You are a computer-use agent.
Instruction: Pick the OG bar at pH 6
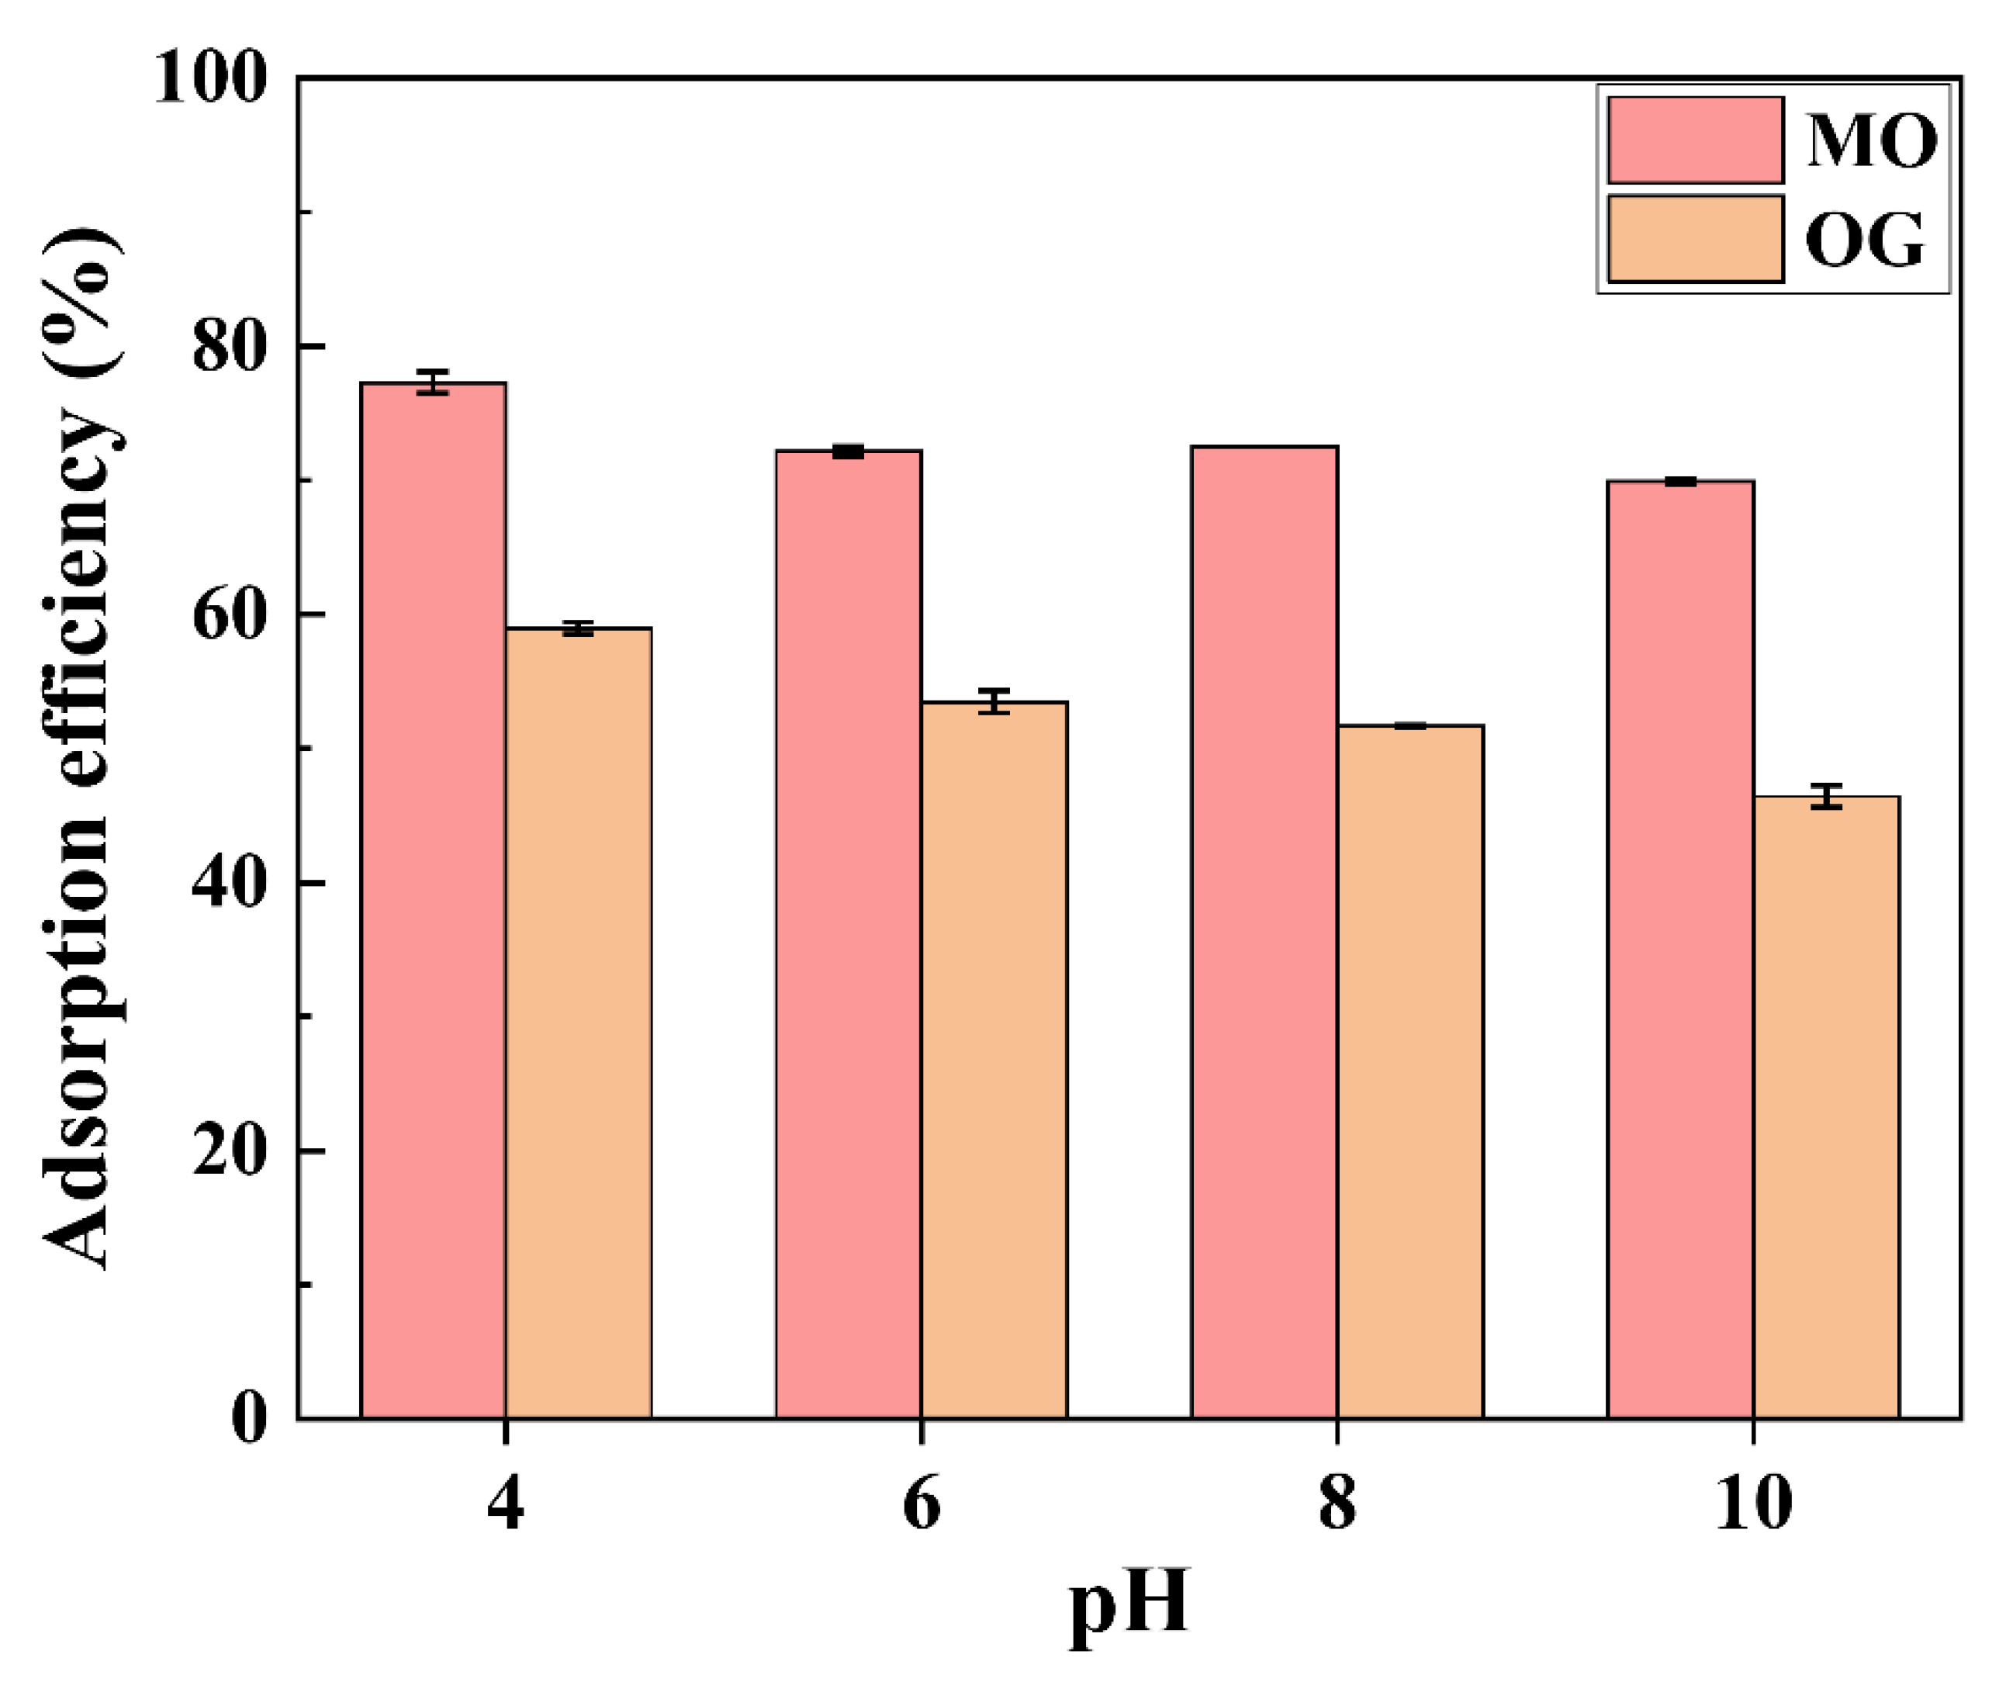(994, 1061)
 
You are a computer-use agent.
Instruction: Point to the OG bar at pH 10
(1826, 1107)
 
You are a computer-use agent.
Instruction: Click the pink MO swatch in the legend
(1695, 140)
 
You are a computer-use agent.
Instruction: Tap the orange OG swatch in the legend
(1695, 239)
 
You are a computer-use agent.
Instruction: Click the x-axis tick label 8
(1337, 1504)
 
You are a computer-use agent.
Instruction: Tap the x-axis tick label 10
(1753, 1504)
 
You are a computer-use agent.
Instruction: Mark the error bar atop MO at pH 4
(433, 382)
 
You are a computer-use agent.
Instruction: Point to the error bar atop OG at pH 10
(1826, 797)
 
